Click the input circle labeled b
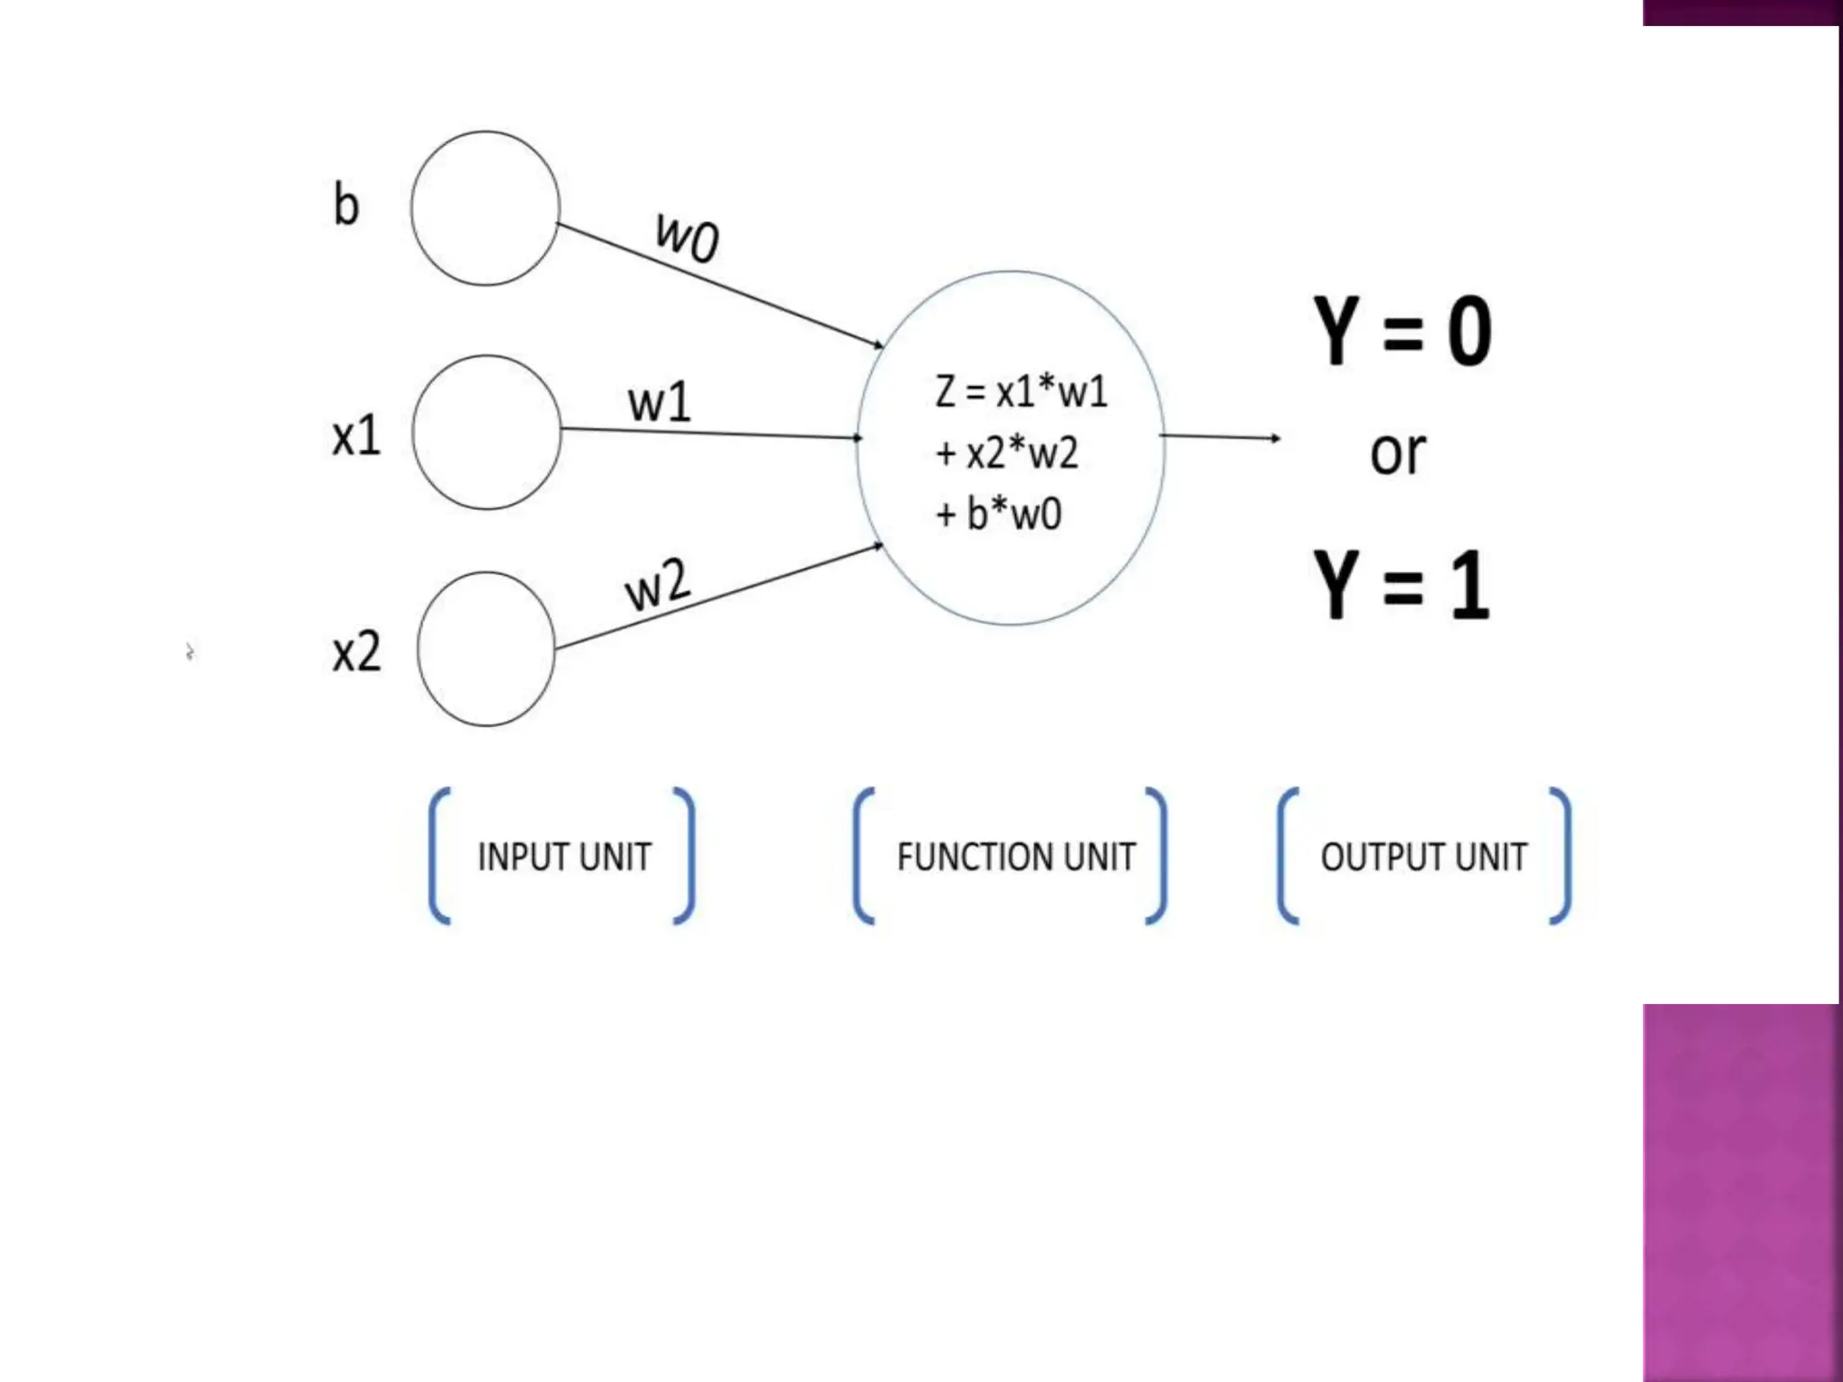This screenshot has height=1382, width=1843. pos(485,209)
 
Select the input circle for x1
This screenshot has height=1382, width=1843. pos(487,433)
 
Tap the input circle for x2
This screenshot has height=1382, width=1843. pos(486,649)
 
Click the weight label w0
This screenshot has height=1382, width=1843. pos(688,237)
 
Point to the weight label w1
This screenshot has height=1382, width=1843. pos(660,402)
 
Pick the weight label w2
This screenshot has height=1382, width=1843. pos(658,586)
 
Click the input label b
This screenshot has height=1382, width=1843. pos(346,204)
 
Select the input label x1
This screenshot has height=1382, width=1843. pos(356,436)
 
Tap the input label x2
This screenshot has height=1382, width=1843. pos(356,652)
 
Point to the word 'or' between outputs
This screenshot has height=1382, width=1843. pos(1398,453)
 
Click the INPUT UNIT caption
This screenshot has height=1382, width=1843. pos(564,857)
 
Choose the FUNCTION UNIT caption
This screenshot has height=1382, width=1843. pos(1016,857)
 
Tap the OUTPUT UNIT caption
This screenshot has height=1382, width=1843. pos(1424,857)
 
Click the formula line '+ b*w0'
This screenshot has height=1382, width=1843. pos(999,514)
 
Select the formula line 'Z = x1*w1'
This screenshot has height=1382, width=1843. pos(1021,391)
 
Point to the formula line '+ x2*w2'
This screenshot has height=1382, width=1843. pos(1007,453)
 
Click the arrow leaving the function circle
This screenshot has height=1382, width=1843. pos(1219,437)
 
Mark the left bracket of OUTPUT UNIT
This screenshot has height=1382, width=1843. pos(1288,856)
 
